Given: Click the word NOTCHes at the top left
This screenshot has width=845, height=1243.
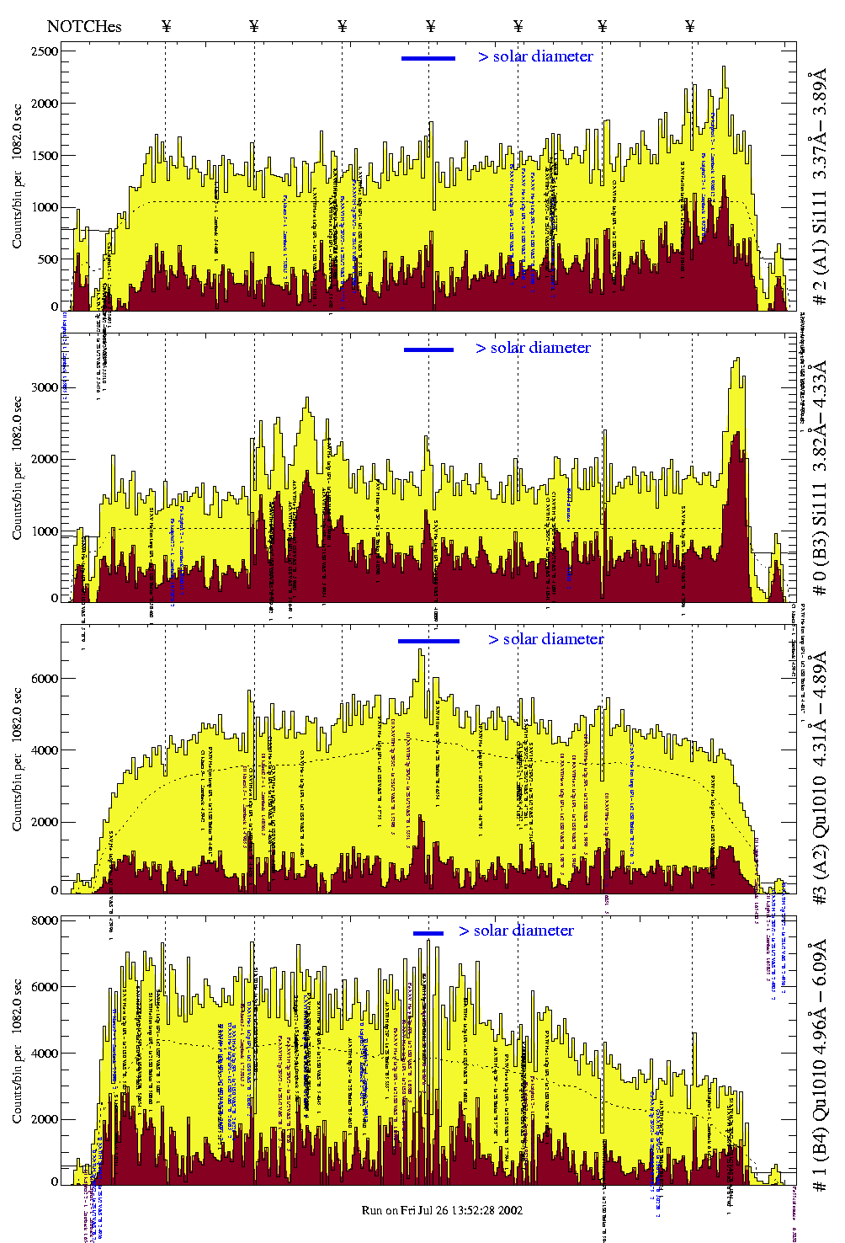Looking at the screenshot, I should click(84, 26).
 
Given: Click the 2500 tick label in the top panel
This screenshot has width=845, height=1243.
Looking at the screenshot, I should click(45, 51).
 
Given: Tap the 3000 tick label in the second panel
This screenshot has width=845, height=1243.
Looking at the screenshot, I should click(45, 387).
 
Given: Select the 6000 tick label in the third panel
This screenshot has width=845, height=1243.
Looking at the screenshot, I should click(45, 679).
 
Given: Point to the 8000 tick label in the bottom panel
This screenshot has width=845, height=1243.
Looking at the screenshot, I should click(45, 920).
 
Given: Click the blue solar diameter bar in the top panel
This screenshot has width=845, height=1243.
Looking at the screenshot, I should click(428, 58).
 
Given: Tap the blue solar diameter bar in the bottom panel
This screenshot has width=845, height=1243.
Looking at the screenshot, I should click(428, 932).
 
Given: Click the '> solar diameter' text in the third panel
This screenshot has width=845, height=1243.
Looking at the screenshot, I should click(545, 639).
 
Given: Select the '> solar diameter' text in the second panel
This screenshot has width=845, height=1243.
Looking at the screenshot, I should click(533, 348).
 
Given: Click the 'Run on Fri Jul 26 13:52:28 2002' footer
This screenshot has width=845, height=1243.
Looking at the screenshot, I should click(442, 1210).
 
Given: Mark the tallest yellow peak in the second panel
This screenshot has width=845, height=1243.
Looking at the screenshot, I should click(737, 360).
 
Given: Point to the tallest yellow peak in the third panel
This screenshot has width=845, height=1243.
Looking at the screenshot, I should click(421, 650).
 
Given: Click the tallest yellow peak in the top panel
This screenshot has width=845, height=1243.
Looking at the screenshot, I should click(723, 67).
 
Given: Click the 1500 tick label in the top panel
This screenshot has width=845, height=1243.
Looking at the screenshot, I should click(45, 156).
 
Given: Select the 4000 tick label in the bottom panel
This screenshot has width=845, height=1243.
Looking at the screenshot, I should click(45, 1054).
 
